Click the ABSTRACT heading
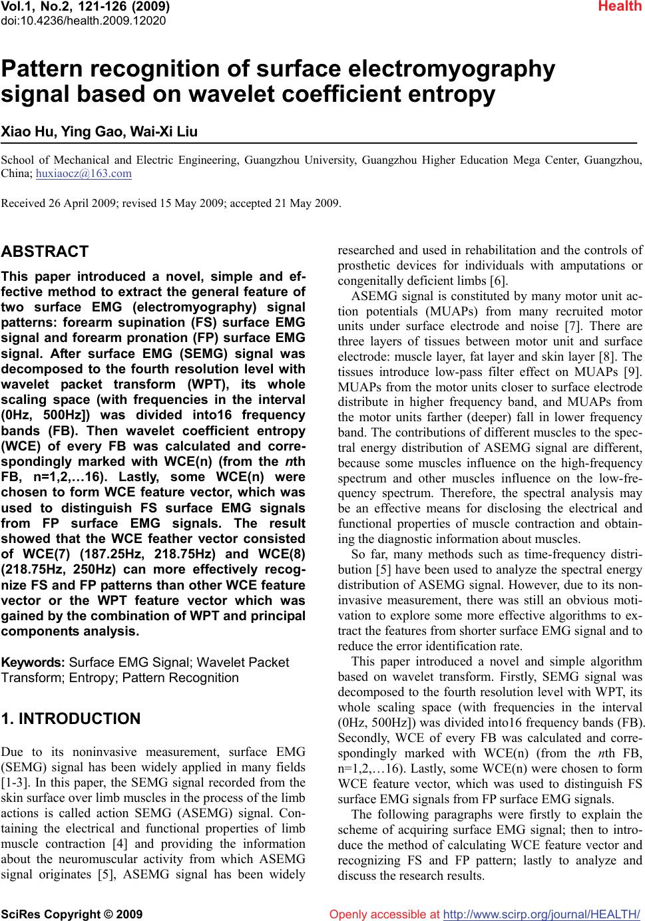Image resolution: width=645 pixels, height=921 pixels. [x=45, y=252]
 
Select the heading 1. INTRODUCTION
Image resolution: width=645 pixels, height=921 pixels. [x=71, y=719]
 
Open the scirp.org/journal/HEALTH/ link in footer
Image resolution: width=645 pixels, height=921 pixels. [x=541, y=914]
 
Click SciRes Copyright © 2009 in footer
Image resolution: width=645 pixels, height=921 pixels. [x=72, y=914]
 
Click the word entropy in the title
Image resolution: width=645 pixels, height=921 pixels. [x=448, y=95]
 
